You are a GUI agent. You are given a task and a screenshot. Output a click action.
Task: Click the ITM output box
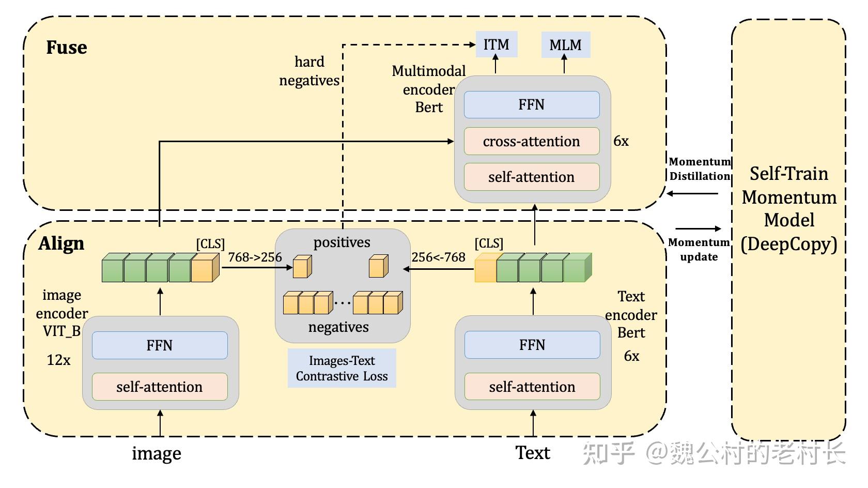point(496,44)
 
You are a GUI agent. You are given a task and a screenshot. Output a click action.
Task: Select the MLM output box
point(565,45)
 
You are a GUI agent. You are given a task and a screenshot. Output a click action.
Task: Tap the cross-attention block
point(532,141)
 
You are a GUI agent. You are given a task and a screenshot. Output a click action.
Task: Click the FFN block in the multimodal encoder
point(532,105)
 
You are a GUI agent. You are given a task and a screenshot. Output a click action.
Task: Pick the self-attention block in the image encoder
point(160,387)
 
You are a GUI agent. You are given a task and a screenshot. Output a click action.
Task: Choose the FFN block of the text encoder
point(532,345)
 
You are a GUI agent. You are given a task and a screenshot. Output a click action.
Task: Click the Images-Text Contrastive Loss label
point(342,368)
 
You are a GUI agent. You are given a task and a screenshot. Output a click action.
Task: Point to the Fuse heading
point(67,48)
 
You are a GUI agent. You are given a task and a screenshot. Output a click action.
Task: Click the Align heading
point(61,243)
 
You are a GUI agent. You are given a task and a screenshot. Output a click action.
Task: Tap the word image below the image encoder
point(157,453)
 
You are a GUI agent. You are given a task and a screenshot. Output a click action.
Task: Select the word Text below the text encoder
point(533,453)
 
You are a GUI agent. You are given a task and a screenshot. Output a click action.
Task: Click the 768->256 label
point(255,257)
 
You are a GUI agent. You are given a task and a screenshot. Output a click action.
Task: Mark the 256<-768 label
point(439,257)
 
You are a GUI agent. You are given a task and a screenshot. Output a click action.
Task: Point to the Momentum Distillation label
point(700,169)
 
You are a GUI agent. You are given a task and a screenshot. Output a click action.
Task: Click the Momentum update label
point(699,249)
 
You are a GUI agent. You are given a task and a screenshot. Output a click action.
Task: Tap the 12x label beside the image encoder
point(58,360)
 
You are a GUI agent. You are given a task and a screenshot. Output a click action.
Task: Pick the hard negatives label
point(309,71)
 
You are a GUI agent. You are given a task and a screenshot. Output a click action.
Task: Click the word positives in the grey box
point(342,242)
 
